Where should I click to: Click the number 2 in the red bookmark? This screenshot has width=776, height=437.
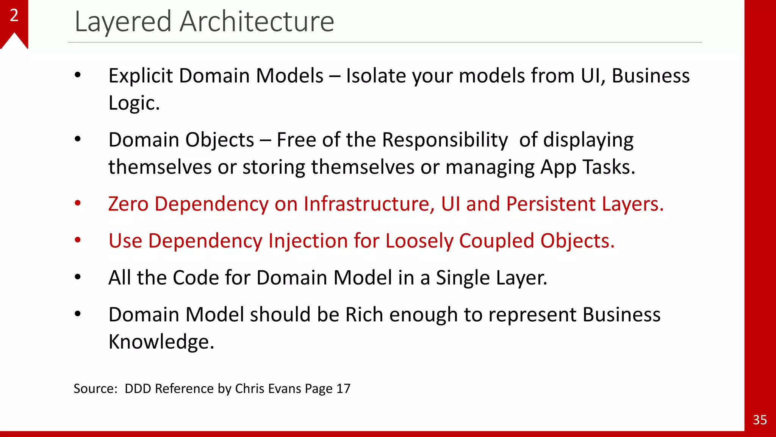click(x=14, y=16)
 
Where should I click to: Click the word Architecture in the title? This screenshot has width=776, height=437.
click(x=257, y=22)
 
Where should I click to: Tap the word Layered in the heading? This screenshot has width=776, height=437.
click(x=123, y=22)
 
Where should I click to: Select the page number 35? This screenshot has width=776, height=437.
click(x=760, y=420)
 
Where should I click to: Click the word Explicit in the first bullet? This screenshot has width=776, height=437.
click(x=141, y=75)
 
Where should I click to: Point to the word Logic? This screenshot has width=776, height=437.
click(x=134, y=103)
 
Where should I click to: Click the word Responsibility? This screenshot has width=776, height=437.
click(x=444, y=140)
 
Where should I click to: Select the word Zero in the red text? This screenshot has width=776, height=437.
click(x=128, y=204)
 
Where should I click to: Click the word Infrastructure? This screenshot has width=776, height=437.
click(x=369, y=204)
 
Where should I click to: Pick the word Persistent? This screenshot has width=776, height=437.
click(x=551, y=204)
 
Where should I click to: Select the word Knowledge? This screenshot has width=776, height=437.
click(x=161, y=342)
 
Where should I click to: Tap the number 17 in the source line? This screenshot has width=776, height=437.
click(x=343, y=388)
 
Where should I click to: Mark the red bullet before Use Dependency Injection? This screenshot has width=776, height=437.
click(x=78, y=240)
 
